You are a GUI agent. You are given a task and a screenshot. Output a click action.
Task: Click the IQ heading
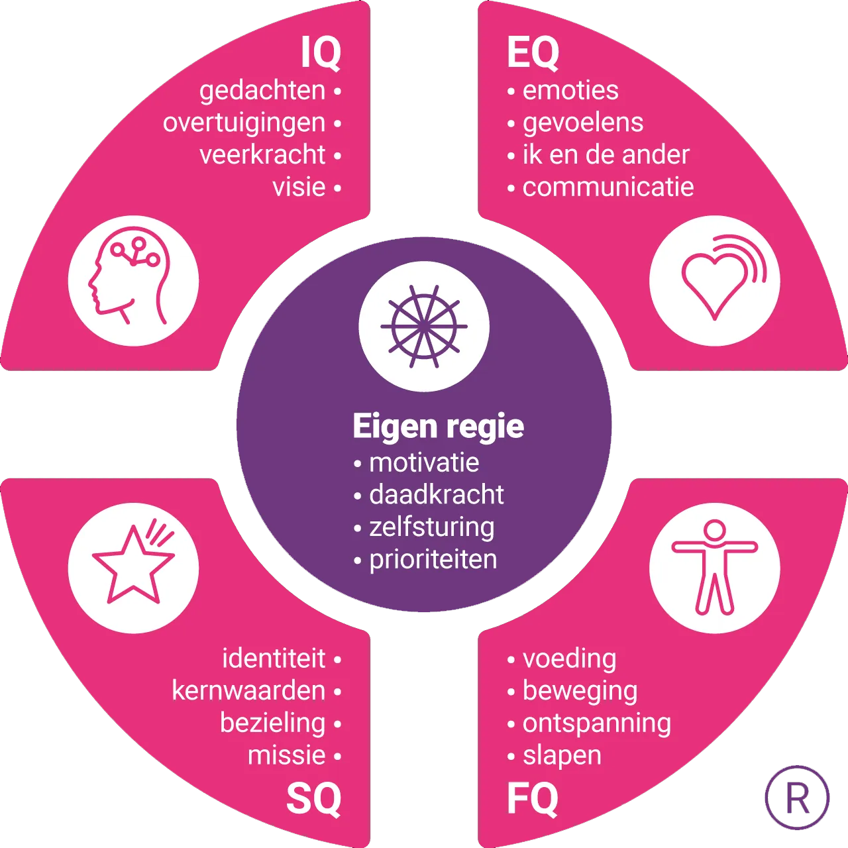[x=321, y=53]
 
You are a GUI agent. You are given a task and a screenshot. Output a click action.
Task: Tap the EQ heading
[x=533, y=53]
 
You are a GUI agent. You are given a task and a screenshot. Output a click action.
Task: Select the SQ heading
[x=314, y=798]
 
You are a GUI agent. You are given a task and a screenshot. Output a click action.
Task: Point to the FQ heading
[x=533, y=798]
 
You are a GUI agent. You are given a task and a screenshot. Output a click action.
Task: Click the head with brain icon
[x=133, y=280]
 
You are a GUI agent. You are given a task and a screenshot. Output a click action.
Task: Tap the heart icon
[x=715, y=280]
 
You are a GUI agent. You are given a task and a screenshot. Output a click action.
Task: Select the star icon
[x=133, y=568]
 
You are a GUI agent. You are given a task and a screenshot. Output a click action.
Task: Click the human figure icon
[x=715, y=568]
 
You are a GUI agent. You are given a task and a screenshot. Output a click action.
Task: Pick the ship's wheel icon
[x=424, y=326]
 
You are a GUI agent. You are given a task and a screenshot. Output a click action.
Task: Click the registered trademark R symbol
[x=797, y=798]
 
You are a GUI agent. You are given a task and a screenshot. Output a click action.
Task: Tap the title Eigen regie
[x=438, y=426]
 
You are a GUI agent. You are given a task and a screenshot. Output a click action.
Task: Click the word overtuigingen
[x=244, y=123]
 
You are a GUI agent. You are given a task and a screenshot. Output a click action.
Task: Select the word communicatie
[x=608, y=187]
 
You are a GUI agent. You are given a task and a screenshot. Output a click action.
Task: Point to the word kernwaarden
[x=248, y=691]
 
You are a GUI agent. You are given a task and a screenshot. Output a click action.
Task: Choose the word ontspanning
[x=597, y=723]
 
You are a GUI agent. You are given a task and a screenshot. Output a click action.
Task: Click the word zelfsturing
[x=432, y=527]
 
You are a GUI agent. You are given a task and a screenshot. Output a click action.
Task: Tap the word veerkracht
[x=262, y=155]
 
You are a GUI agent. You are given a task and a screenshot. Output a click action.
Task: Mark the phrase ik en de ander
[x=606, y=155]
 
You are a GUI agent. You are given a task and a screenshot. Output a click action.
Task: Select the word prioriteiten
[x=433, y=560]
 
